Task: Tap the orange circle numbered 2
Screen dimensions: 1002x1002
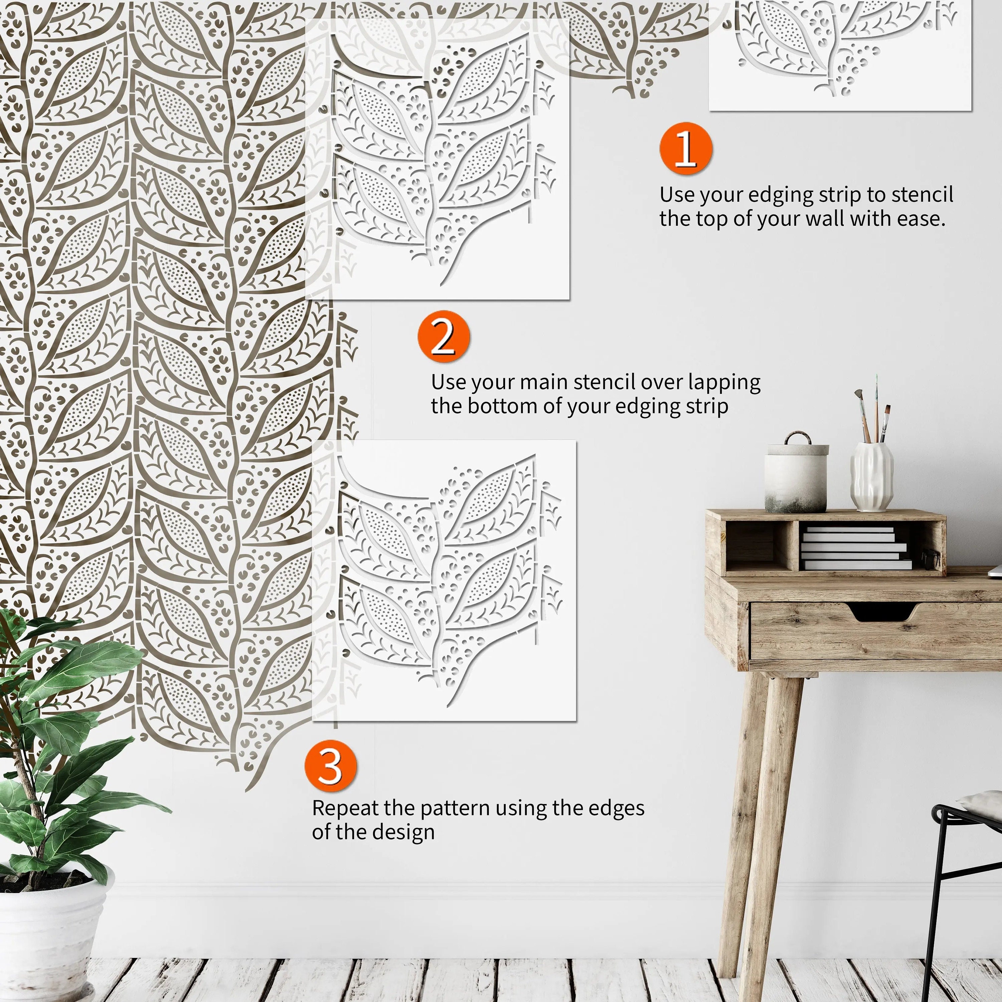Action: (x=444, y=337)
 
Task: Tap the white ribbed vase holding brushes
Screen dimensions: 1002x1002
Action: (x=871, y=476)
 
